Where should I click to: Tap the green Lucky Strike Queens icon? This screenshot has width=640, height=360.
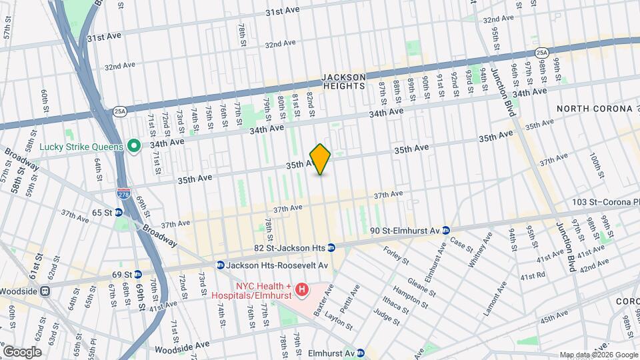point(133,145)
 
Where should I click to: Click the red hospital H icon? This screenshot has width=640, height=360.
point(302,289)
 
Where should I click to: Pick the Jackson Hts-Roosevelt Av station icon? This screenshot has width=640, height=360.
point(220,265)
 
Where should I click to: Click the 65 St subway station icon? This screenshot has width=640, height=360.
point(118,213)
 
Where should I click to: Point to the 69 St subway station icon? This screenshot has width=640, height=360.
point(137,274)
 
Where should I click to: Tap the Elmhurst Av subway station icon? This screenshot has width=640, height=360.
point(361,353)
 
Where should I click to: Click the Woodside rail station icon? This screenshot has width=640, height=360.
point(45,291)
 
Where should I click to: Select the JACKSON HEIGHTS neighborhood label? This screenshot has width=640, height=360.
point(344,81)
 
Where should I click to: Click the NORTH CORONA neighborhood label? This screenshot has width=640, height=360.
point(594,109)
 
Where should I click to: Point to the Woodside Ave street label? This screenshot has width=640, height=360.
point(182,347)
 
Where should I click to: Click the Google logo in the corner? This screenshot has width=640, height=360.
point(22,351)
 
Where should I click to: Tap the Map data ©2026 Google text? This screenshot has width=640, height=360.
point(598,355)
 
